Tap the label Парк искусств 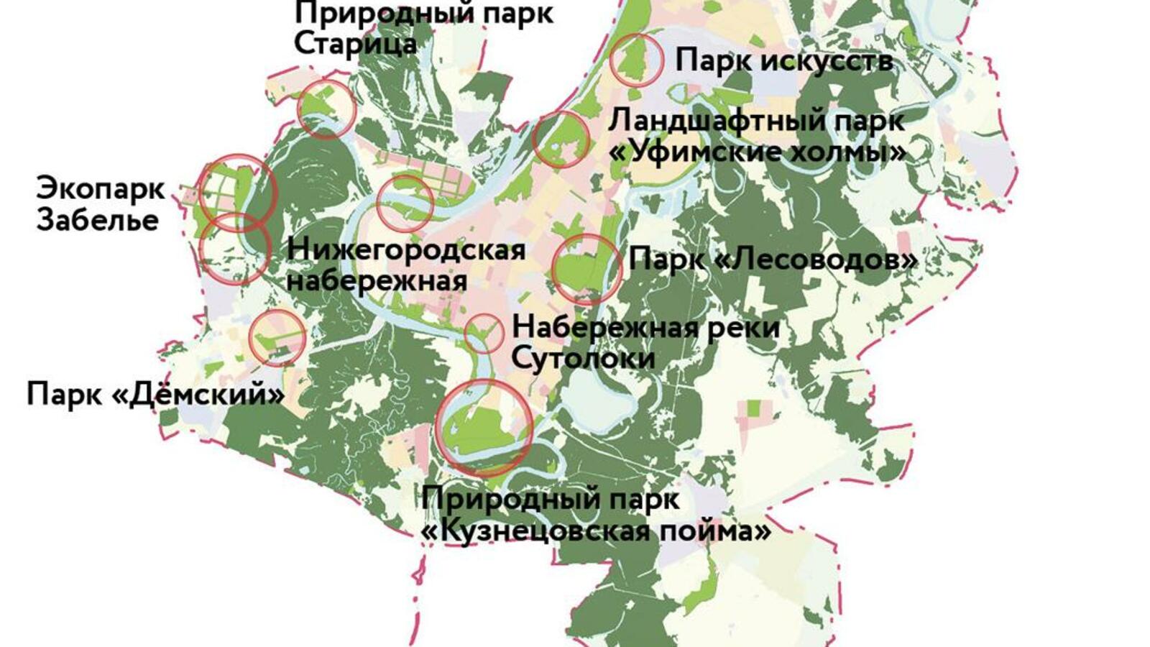click(x=784, y=60)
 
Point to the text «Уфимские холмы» click(x=758, y=152)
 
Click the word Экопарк click(x=101, y=188)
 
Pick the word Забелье click(x=98, y=219)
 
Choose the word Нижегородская click(x=406, y=250)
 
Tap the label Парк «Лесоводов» click(x=773, y=260)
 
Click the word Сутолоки click(x=583, y=358)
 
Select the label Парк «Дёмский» click(x=155, y=394)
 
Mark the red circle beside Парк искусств click(x=636, y=60)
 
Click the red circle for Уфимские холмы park click(x=561, y=139)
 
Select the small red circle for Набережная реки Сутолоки click(x=484, y=333)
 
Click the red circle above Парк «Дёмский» click(x=277, y=338)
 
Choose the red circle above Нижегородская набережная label click(x=405, y=203)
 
